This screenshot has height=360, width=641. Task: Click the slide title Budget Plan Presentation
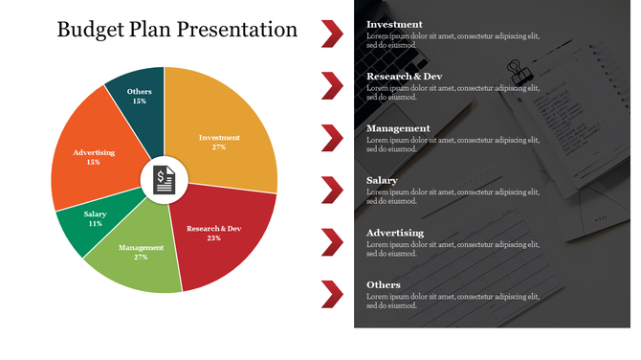coord(177,30)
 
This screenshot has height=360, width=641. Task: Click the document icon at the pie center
coord(165,179)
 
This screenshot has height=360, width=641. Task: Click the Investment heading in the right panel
coord(394,24)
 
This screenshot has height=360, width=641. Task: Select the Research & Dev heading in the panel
coord(404,77)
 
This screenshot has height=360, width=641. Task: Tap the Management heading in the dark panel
coord(398,128)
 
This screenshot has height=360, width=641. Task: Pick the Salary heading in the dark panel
coord(383,180)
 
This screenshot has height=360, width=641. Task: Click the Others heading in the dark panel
coord(384,285)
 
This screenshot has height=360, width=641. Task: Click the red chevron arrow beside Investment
coord(333,33)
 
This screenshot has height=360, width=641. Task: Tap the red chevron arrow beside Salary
coord(333,190)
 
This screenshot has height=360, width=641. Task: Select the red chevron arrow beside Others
coord(333,295)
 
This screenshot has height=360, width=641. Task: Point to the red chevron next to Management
coord(333,137)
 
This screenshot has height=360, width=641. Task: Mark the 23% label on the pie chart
coord(213,237)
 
